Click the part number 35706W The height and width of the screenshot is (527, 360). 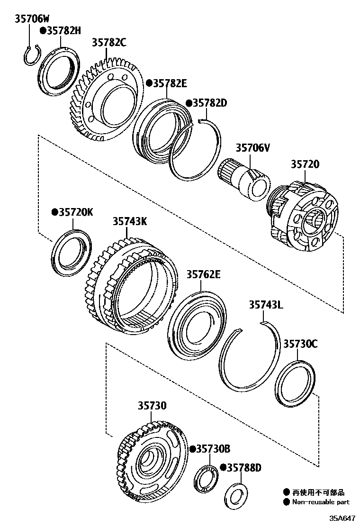(32, 19)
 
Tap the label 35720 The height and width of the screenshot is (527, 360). (305, 164)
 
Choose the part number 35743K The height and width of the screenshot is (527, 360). (129, 221)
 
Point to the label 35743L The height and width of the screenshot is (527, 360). (266, 305)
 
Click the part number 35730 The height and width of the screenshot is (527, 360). (152, 406)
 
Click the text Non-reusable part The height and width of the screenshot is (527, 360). (321, 502)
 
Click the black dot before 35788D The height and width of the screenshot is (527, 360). (223, 468)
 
